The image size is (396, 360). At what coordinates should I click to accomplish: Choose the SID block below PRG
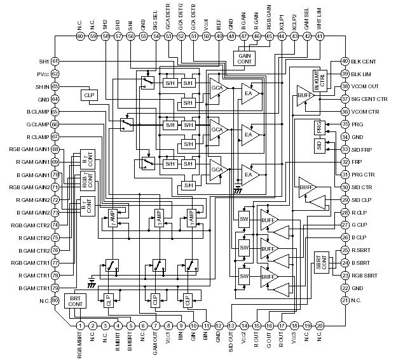[x=319, y=145]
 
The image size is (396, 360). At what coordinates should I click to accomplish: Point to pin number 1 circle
[x=80, y=326]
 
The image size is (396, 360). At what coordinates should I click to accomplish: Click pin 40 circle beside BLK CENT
[x=345, y=61]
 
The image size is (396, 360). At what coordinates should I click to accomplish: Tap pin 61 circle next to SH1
[x=55, y=61]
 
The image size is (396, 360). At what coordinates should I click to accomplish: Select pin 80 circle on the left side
[x=55, y=300]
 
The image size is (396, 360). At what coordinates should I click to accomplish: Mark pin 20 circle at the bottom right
[x=320, y=326]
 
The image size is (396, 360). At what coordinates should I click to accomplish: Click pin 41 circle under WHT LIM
[x=320, y=36]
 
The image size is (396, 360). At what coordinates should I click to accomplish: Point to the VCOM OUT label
[x=364, y=86]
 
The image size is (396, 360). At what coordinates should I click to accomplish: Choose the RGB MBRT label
[x=81, y=346]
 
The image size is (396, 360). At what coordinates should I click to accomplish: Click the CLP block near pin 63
[x=88, y=95]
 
